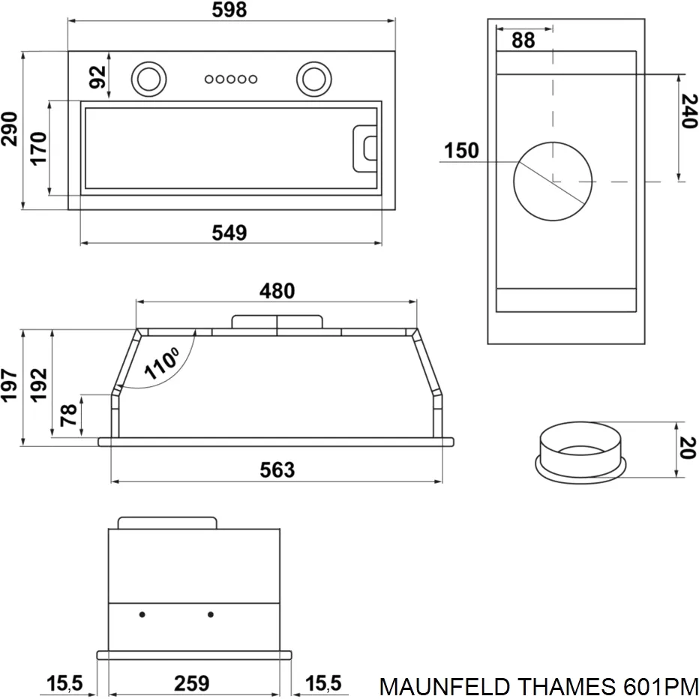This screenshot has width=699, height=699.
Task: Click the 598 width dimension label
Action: tap(229, 9)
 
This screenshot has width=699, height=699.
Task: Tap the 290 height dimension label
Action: tap(9, 129)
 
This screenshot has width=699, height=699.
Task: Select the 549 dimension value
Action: tap(229, 232)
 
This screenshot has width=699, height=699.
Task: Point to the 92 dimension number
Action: tap(97, 76)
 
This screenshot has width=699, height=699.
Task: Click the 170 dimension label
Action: tap(39, 148)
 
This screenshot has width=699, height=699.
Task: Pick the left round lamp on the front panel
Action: tap(149, 79)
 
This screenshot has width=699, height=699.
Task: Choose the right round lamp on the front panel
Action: tap(313, 79)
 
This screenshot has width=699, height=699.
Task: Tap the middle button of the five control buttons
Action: tap(231, 79)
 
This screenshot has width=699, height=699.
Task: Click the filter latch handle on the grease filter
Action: tap(365, 148)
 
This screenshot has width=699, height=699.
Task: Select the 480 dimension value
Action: tap(277, 291)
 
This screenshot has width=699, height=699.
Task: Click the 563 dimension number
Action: tap(277, 469)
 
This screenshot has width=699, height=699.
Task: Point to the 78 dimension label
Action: tap(69, 415)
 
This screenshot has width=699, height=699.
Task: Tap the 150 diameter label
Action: tap(461, 151)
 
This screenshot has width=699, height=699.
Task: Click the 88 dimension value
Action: tap(523, 40)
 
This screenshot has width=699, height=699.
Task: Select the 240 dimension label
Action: tap(689, 110)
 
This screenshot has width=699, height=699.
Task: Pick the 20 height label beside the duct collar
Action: tap(689, 448)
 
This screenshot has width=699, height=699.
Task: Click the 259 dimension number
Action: tap(192, 683)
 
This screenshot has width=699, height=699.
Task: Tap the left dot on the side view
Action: tap(142, 615)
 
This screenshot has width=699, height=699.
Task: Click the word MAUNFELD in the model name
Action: tap(445, 687)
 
